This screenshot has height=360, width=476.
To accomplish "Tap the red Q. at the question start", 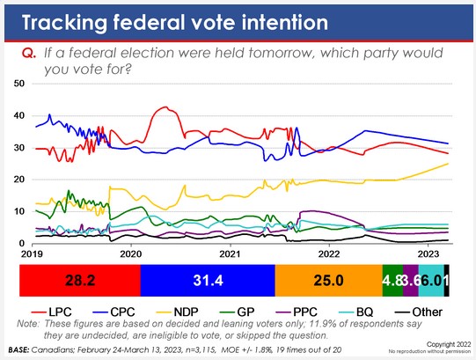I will tap(27, 54).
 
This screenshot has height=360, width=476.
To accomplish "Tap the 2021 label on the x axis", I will tap(229, 253).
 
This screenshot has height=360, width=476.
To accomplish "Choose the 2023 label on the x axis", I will tap(428, 253).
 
